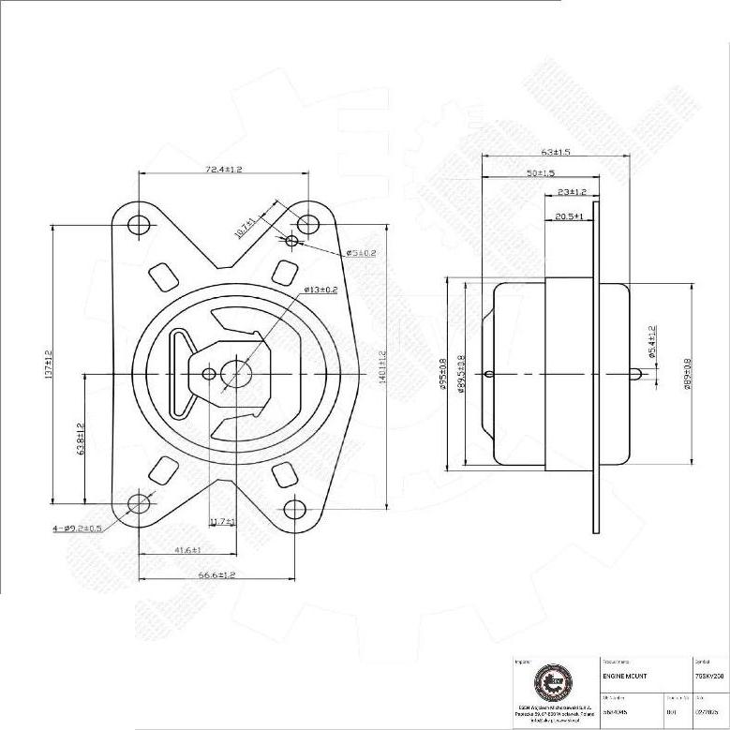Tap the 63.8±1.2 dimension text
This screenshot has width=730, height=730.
[82, 438]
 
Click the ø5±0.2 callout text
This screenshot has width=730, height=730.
[361, 253]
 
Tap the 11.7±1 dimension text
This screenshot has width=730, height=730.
[222, 521]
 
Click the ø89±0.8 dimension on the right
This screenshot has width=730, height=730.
[688, 374]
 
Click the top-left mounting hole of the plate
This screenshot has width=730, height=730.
[139, 225]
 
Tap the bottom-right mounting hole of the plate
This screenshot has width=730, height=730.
[294, 509]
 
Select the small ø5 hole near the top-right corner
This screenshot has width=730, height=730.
[291, 241]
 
